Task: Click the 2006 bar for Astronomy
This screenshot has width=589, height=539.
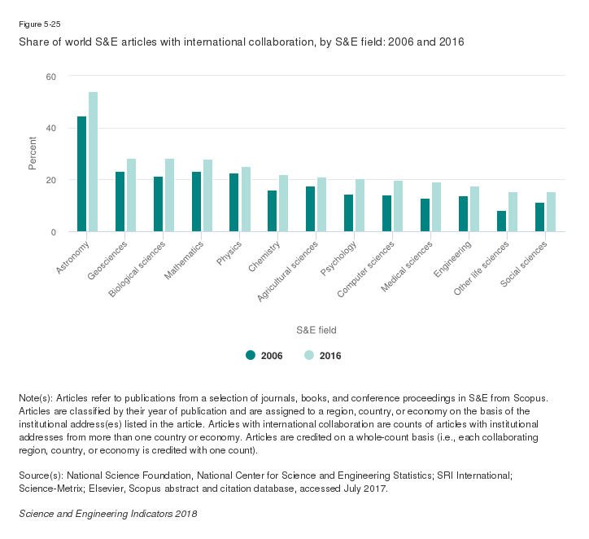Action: coord(81,174)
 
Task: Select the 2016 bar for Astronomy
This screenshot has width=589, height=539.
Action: coord(93,162)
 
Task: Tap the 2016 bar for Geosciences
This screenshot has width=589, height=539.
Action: coord(131,195)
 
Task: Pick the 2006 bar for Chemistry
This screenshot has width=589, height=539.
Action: coord(273,212)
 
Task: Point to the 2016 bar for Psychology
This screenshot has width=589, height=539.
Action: coord(360,206)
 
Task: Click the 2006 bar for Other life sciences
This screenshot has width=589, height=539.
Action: coord(501,221)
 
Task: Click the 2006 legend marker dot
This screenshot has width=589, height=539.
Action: coord(251,355)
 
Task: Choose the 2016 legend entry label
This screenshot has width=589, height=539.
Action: coord(330,356)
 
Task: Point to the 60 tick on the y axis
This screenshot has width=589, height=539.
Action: coord(51,77)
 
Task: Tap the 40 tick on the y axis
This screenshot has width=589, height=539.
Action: coord(51,128)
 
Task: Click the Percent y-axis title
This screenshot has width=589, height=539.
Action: coord(33,154)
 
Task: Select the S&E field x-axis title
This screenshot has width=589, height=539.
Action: coord(316,330)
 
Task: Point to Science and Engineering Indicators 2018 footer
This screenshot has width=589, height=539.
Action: coord(107,515)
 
